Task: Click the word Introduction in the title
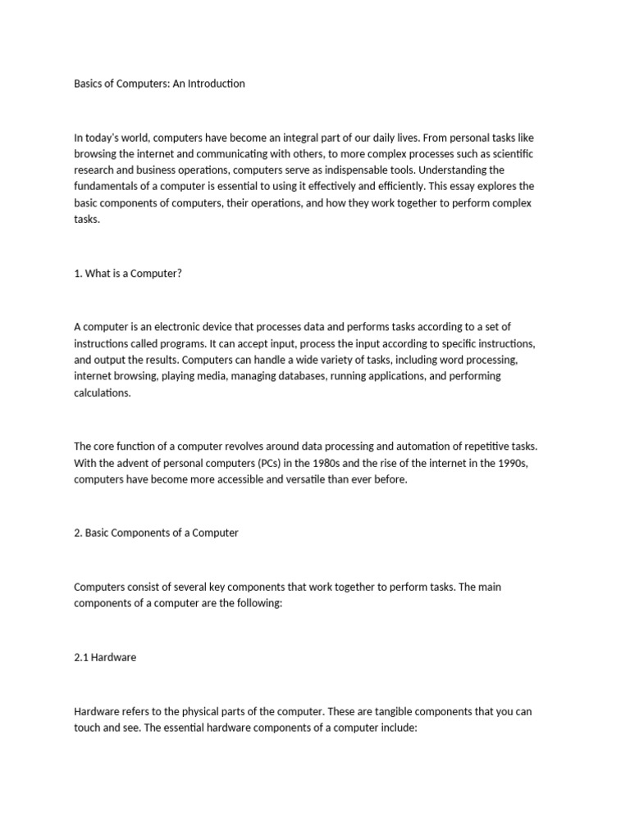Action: pyautogui.click(x=215, y=84)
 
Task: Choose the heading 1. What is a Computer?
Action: pyautogui.click(x=128, y=274)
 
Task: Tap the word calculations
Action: pyautogui.click(x=102, y=393)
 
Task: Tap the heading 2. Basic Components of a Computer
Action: pyautogui.click(x=156, y=533)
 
